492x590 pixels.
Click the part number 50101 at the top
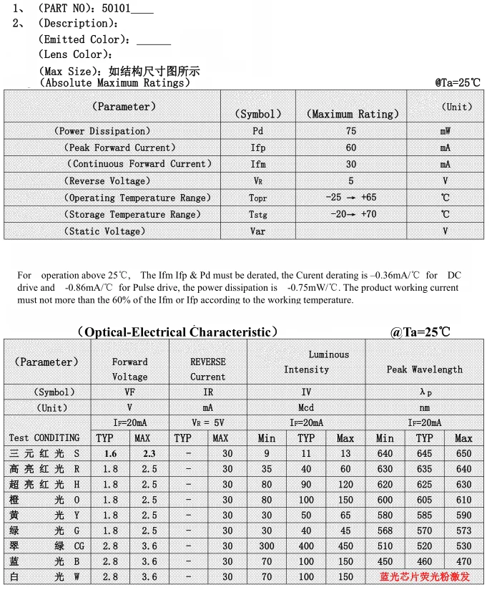click(x=116, y=9)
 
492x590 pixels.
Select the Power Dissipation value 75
click(x=350, y=131)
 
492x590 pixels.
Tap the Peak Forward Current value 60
click(x=350, y=147)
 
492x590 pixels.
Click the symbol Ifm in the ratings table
click(x=258, y=164)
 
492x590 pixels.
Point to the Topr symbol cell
click(x=258, y=198)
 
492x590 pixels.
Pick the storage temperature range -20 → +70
click(x=350, y=215)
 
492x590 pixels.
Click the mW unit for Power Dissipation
click(x=445, y=131)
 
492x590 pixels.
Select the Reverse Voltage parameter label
click(x=107, y=181)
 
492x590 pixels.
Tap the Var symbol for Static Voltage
click(x=258, y=231)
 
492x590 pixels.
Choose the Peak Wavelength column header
click(x=425, y=369)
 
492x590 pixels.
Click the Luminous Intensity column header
click(x=306, y=362)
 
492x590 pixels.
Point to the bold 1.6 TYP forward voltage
click(x=110, y=454)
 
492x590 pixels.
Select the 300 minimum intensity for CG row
click(x=267, y=546)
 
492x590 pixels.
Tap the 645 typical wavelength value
click(x=425, y=454)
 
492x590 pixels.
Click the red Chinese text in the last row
click(x=425, y=576)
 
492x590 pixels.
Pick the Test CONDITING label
click(x=44, y=437)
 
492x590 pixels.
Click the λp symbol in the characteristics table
click(x=425, y=392)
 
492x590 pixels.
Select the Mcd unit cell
click(x=306, y=407)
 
